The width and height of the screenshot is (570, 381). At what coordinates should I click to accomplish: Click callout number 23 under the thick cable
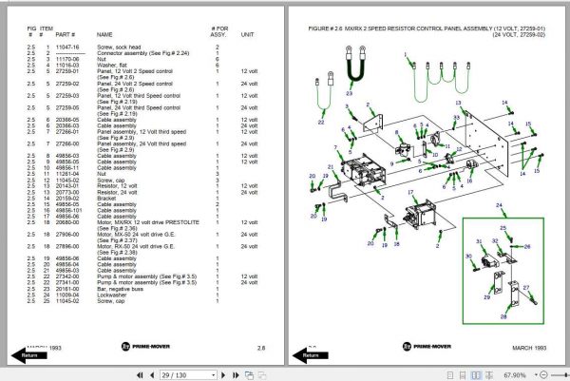point(349,95)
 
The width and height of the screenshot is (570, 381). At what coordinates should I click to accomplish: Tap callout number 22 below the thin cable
point(321,123)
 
